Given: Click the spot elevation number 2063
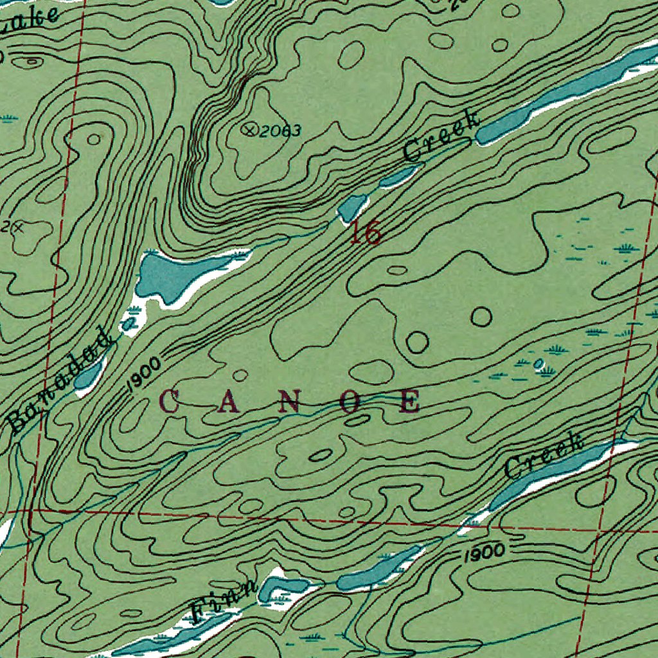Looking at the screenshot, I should pyautogui.click(x=281, y=131).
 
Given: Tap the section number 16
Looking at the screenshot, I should pyautogui.click(x=366, y=233).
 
